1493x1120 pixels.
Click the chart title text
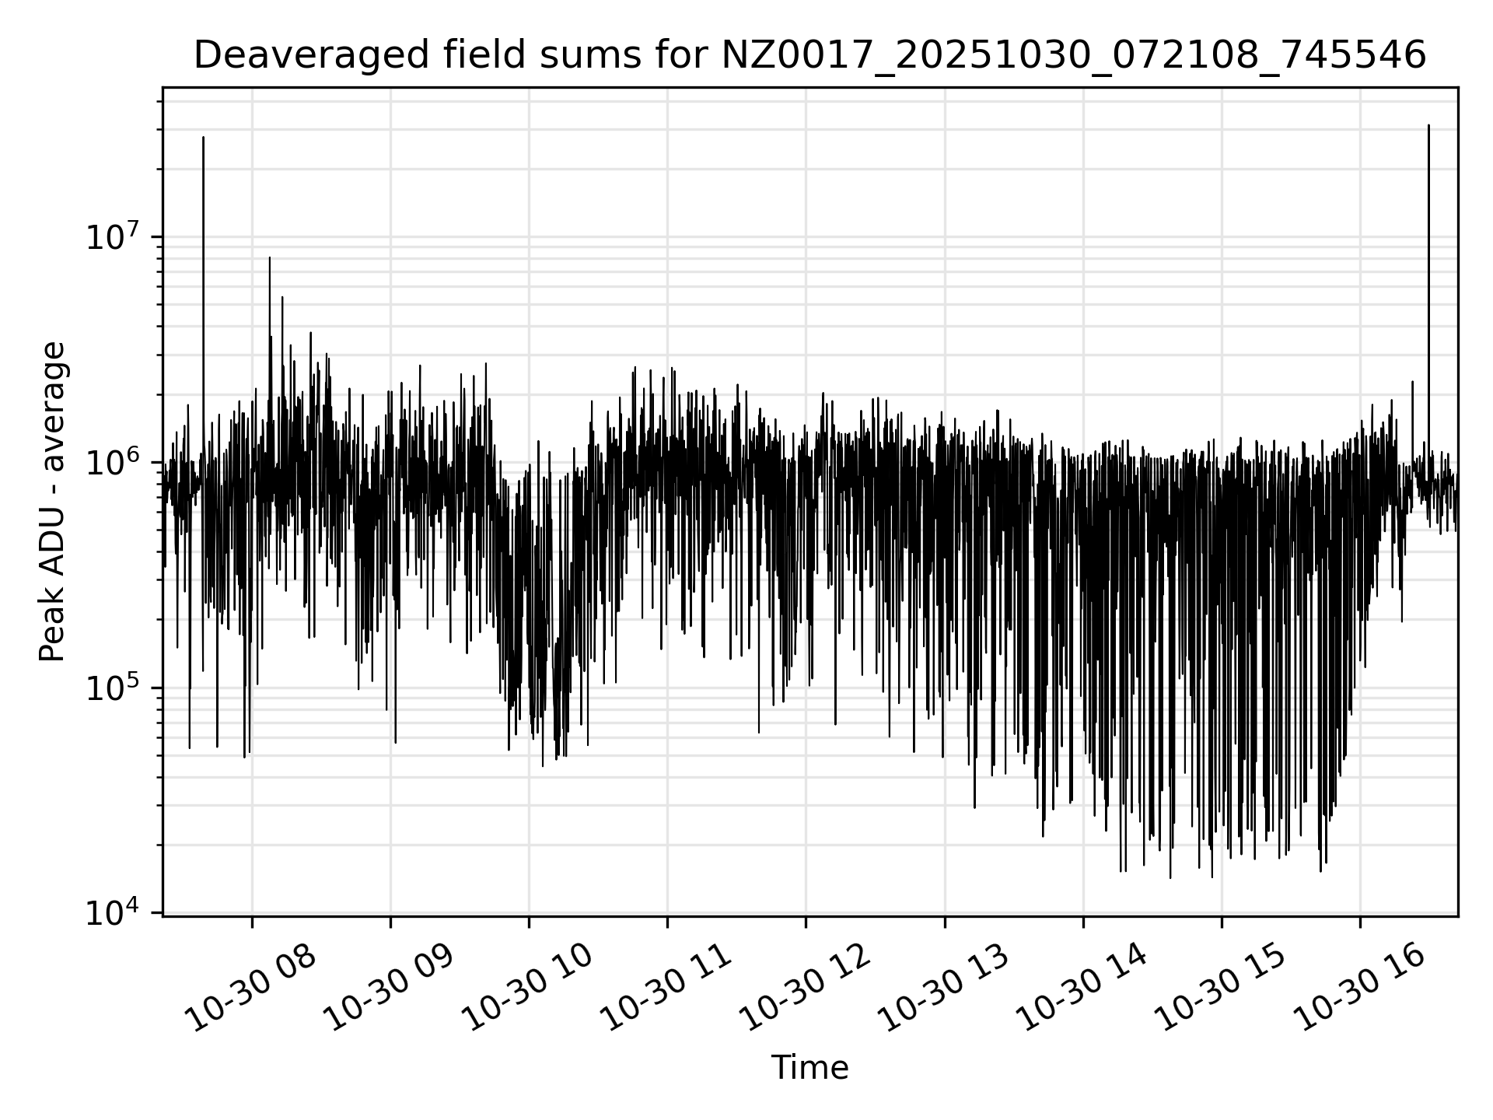pyautogui.click(x=809, y=56)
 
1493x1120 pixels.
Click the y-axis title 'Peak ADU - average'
pyautogui.click(x=53, y=502)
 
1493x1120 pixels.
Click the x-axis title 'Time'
pyautogui.click(x=809, y=1068)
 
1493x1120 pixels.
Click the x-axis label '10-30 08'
pyautogui.click(x=253, y=989)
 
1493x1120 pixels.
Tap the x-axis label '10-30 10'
pyautogui.click(x=529, y=989)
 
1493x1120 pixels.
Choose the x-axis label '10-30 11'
pyautogui.click(x=669, y=989)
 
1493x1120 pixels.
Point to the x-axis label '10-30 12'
pyautogui.click(x=807, y=989)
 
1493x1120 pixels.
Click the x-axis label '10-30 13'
pyautogui.click(x=946, y=989)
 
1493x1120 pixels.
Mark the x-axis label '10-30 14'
pyautogui.click(x=1084, y=989)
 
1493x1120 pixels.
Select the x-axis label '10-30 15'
pyautogui.click(x=1222, y=989)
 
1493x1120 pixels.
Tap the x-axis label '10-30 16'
pyautogui.click(x=1361, y=989)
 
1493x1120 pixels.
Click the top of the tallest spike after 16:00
pyautogui.click(x=1428, y=125)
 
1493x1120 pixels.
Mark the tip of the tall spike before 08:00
pyautogui.click(x=204, y=138)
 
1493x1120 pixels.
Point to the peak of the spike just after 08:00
pyautogui.click(x=270, y=257)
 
